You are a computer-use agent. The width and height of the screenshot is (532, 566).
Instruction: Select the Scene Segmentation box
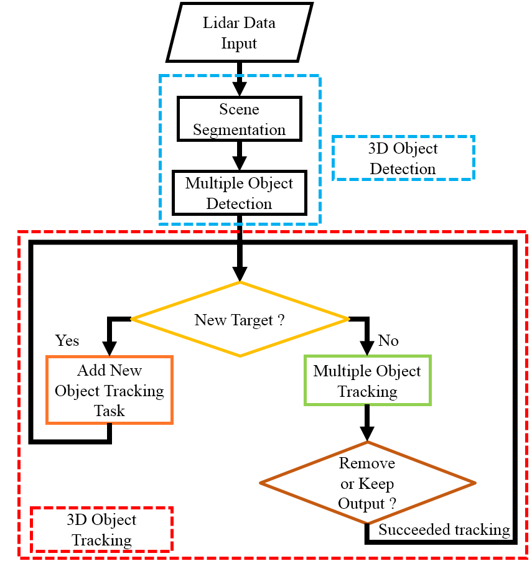pyautogui.click(x=239, y=119)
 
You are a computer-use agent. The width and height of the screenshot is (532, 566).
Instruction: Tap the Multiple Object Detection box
pyautogui.click(x=239, y=193)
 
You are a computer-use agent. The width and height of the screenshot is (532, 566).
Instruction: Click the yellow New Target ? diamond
pyautogui.click(x=240, y=320)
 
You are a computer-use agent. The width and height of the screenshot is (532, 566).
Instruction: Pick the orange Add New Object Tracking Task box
pyautogui.click(x=110, y=391)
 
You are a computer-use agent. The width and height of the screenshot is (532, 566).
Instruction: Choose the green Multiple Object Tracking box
pyautogui.click(x=367, y=381)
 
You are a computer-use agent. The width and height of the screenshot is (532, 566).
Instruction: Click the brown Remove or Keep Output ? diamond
pyautogui.click(x=367, y=483)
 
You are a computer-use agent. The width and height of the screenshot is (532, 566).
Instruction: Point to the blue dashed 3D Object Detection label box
pyautogui.click(x=403, y=158)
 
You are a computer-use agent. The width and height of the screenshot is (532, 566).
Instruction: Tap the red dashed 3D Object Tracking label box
pyautogui.click(x=101, y=529)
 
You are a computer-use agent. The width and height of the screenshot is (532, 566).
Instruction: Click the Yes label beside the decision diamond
pyautogui.click(x=67, y=341)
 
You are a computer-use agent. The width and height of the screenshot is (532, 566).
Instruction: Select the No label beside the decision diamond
pyautogui.click(x=388, y=341)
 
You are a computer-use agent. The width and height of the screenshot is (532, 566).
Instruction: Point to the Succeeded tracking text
pyautogui.click(x=444, y=530)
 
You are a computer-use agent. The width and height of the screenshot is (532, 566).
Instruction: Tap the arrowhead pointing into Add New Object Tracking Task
pyautogui.click(x=110, y=348)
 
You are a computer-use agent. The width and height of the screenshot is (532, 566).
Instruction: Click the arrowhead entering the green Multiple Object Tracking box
pyautogui.click(x=367, y=348)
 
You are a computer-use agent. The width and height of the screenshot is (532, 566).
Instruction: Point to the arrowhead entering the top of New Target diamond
pyautogui.click(x=240, y=274)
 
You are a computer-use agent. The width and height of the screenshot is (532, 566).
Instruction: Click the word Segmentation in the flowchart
pyautogui.click(x=239, y=129)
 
